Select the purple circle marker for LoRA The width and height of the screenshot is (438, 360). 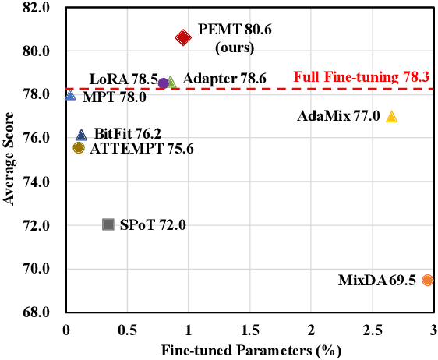click(x=163, y=83)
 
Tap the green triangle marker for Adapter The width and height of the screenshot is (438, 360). click(x=171, y=82)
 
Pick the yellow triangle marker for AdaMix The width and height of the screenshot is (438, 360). click(x=391, y=117)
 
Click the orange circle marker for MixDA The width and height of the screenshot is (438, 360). click(x=427, y=280)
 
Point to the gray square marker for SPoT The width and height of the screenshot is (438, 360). click(x=108, y=224)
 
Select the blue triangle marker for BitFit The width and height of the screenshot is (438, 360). click(x=81, y=135)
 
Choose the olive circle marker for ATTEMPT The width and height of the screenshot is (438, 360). click(x=79, y=148)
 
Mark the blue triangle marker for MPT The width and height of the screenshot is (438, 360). click(x=70, y=95)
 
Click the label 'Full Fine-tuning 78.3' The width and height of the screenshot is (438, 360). click(x=362, y=78)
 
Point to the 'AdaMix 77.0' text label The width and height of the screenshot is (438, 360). click(x=338, y=117)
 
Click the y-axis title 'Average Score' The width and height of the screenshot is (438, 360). click(x=11, y=159)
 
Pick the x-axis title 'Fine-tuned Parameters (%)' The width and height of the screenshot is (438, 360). click(x=251, y=350)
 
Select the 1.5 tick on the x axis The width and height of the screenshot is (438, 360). click(x=250, y=328)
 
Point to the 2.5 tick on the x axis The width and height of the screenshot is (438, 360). click(x=373, y=328)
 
